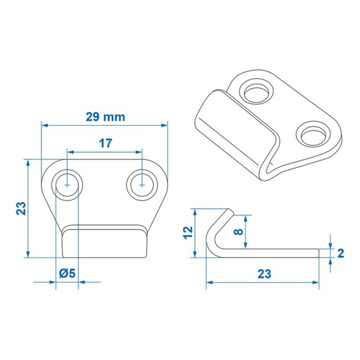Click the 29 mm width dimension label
pos(105,117)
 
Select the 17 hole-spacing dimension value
pos(105,143)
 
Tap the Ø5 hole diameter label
pos(67,272)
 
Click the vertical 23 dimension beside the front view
pos(20,208)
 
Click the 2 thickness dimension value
pos(340,254)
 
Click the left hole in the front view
pos(67,183)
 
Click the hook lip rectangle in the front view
pos(105,241)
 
